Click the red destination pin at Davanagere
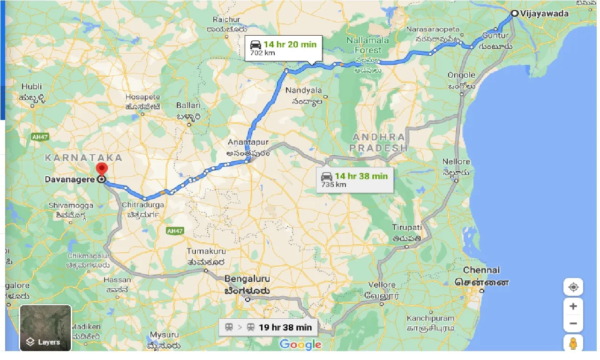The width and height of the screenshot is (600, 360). (101, 170)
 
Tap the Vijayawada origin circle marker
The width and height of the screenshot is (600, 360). (514, 14)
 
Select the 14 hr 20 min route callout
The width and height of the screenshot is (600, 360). (284, 48)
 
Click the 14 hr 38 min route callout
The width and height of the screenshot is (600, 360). (354, 180)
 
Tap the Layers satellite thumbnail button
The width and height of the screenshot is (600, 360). (45, 328)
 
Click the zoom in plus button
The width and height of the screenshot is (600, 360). (573, 307)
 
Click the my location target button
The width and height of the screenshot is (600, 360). (573, 287)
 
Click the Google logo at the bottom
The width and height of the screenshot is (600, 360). (300, 345)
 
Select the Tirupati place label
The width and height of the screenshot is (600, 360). (407, 227)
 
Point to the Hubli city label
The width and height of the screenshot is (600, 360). (31, 87)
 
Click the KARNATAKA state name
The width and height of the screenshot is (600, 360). (83, 158)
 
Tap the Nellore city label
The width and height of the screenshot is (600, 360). (456, 162)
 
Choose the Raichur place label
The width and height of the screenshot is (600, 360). (226, 20)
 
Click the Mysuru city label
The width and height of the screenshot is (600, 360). (164, 335)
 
